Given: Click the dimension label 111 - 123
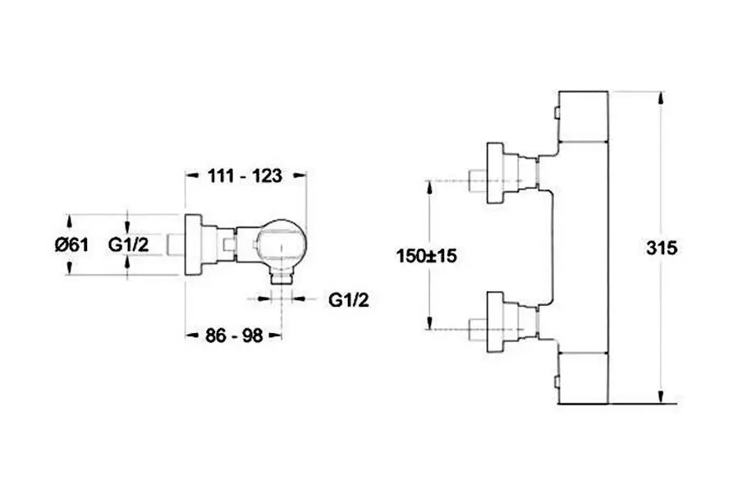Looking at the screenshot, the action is point(245,176).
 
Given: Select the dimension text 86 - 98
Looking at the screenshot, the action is point(234,336).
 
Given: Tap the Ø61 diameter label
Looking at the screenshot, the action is point(71,244).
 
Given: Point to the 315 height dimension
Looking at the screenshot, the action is point(662,248).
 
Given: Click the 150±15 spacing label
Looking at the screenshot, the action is point(426,257).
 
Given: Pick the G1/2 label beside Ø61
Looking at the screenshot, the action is point(129,244).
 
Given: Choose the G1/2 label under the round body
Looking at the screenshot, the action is point(349,299).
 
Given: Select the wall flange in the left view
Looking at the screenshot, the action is point(193,245).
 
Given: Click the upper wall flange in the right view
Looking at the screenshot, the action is point(496,172).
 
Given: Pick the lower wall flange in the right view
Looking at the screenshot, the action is point(496,322).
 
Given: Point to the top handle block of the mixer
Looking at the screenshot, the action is point(583,116).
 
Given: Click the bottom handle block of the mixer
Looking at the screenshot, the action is point(583,378).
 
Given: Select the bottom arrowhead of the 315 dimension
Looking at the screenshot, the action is point(662,396).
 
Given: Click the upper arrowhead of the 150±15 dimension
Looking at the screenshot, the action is point(429,188).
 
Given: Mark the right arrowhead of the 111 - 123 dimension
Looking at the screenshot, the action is point(300,175).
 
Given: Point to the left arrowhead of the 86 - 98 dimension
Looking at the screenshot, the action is point(191,336).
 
